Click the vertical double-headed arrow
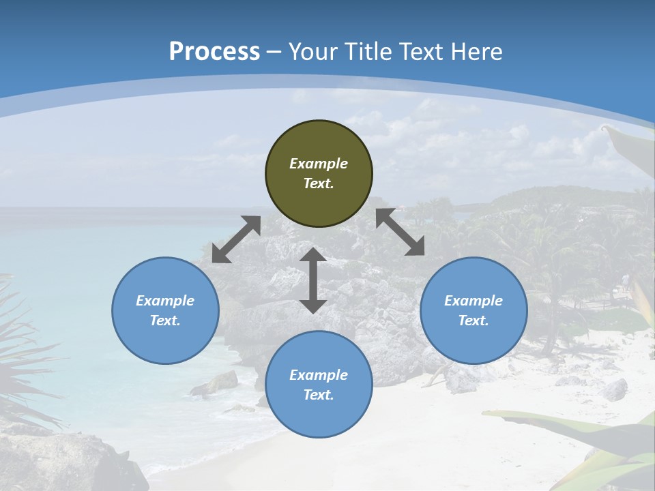pos(313,280)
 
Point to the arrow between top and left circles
pos(236,239)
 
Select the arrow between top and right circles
pos(401,232)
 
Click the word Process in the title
pos(214,52)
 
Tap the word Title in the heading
pos(368,52)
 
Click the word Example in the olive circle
pos(319,164)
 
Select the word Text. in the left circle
pos(165,321)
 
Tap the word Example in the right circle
pos(474,301)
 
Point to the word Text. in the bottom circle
pos(319,395)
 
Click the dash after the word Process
pos(274,53)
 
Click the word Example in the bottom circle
pos(319,375)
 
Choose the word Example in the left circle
pos(165,301)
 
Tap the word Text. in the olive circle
pos(319,183)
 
